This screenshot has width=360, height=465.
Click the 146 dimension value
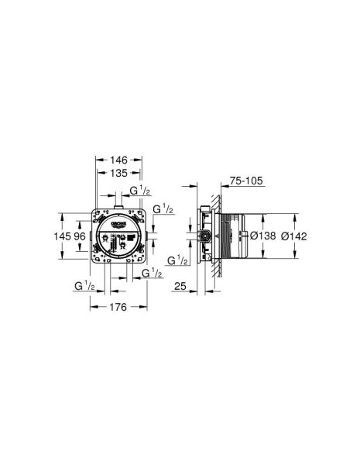[118, 159]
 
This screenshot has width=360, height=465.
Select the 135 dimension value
[118, 174]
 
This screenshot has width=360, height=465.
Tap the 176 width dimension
[118, 308]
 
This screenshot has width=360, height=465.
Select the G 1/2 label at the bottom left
[84, 287]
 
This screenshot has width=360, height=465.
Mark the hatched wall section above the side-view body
[221, 198]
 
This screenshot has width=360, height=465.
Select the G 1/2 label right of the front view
[163, 209]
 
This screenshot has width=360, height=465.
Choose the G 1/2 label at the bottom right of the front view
[153, 273]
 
